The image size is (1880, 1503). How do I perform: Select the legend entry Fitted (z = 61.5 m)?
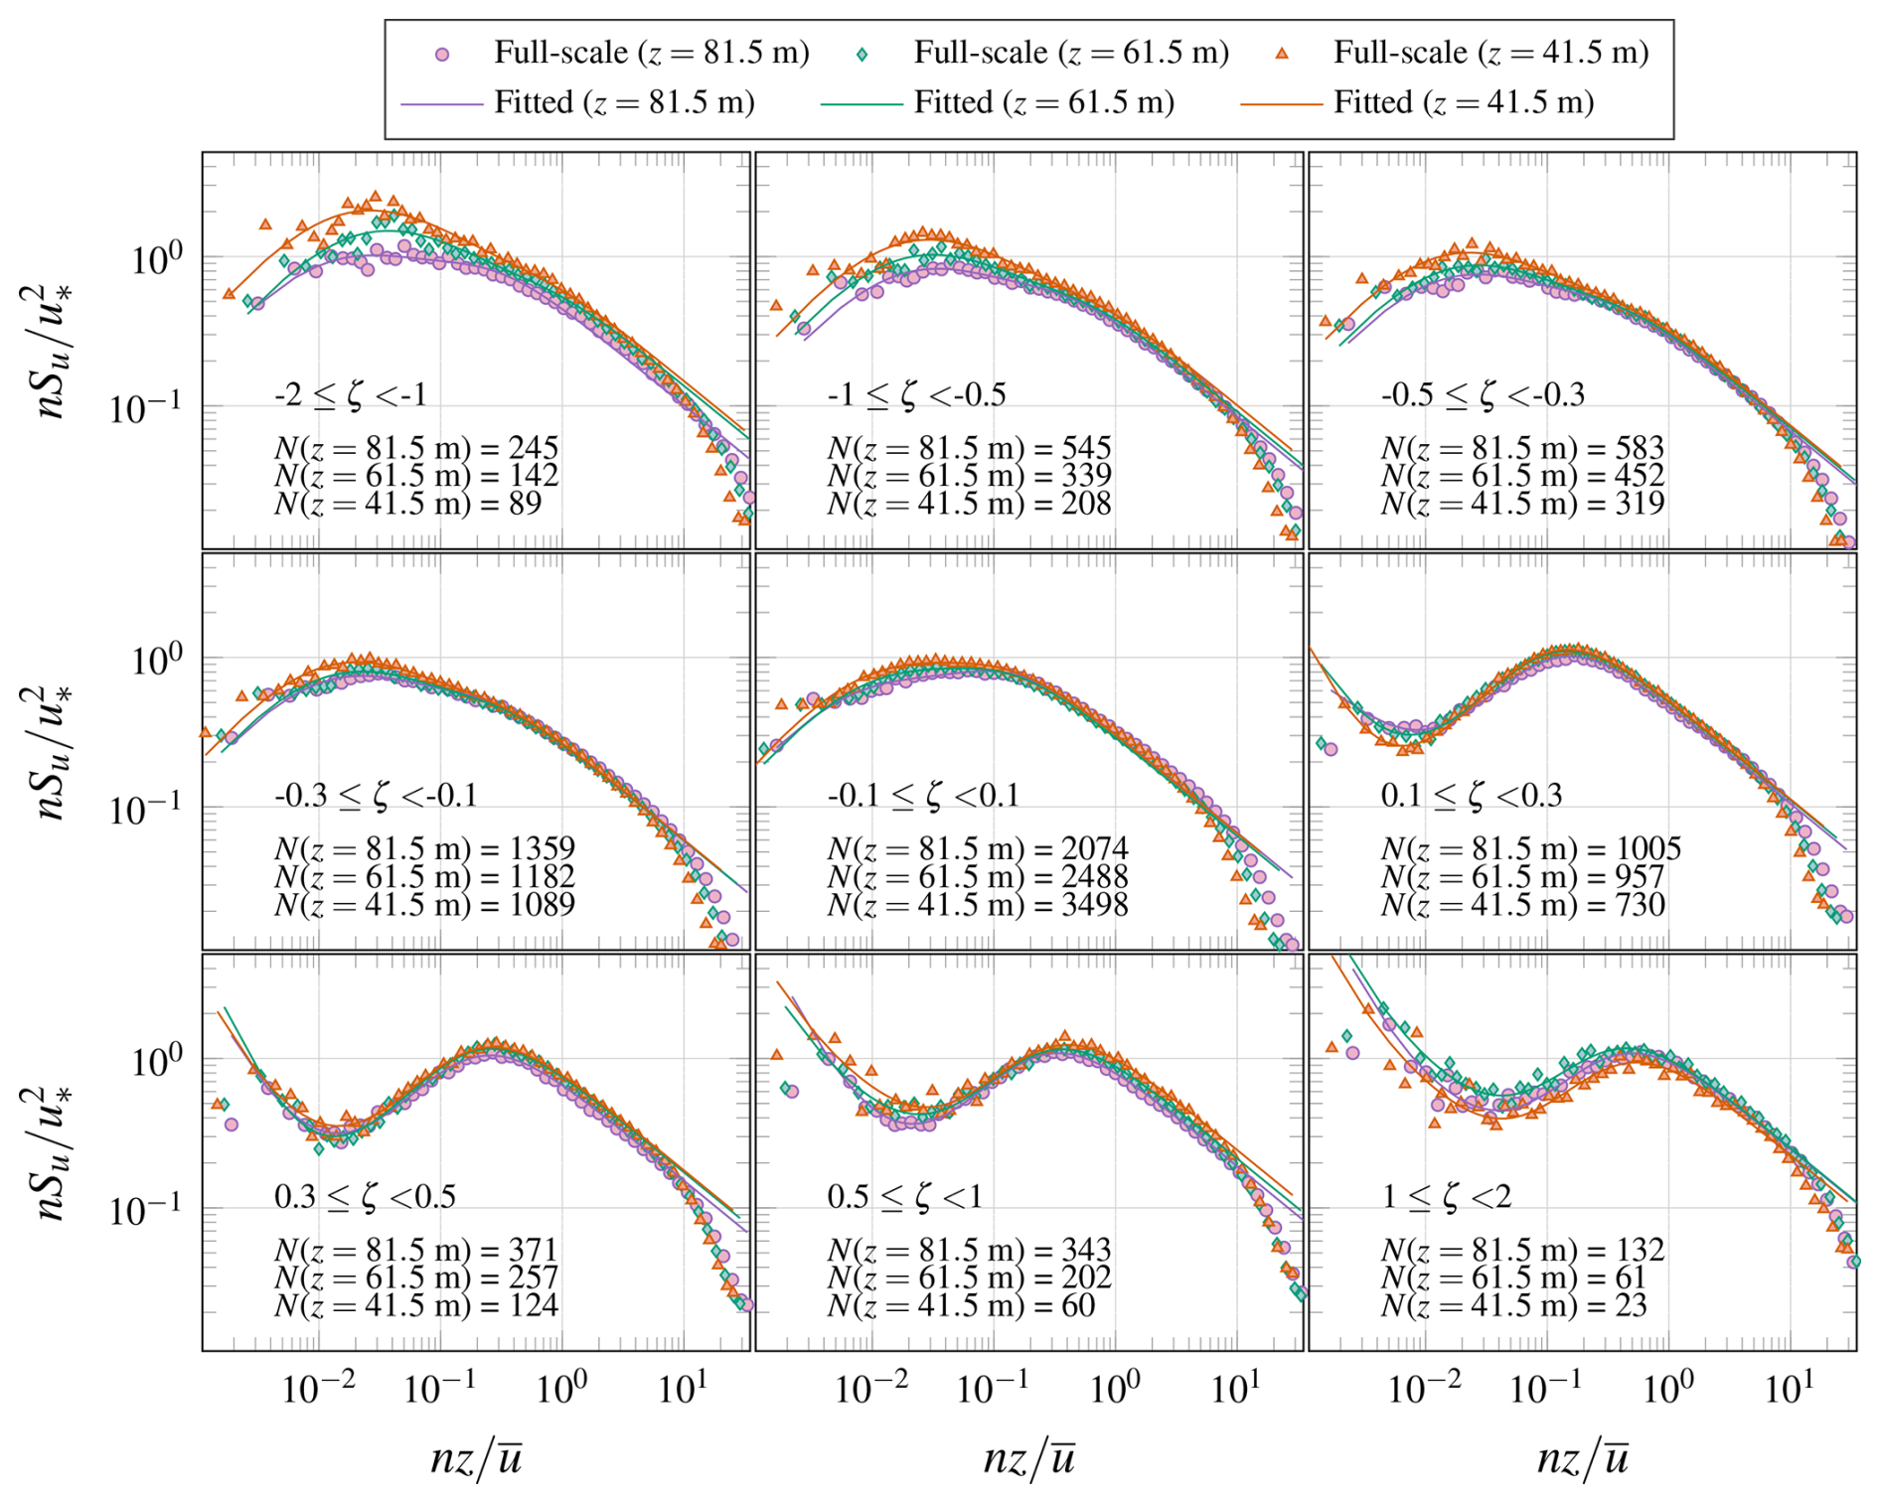point(1043,102)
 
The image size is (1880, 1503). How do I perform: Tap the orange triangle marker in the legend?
point(1282,54)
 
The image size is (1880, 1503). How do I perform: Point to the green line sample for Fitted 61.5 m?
point(861,102)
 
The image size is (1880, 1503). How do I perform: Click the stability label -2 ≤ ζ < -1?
point(351,395)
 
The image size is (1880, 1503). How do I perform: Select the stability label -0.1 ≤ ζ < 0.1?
point(923,796)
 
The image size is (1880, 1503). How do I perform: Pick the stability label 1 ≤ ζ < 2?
point(1446,1196)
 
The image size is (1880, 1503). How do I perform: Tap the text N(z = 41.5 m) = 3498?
point(978,905)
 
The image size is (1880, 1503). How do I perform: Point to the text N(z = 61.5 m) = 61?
point(1513,1278)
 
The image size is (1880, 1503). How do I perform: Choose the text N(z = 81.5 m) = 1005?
point(1530,848)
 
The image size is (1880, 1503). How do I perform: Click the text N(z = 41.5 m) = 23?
point(1513,1305)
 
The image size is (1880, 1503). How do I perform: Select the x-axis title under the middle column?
point(1029,1458)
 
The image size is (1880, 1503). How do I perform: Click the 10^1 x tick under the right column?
point(1788,1387)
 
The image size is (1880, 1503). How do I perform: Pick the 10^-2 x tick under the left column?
point(318,1387)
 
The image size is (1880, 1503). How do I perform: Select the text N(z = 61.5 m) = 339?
point(969,476)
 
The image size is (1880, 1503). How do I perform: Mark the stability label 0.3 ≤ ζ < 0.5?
point(365,1196)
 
